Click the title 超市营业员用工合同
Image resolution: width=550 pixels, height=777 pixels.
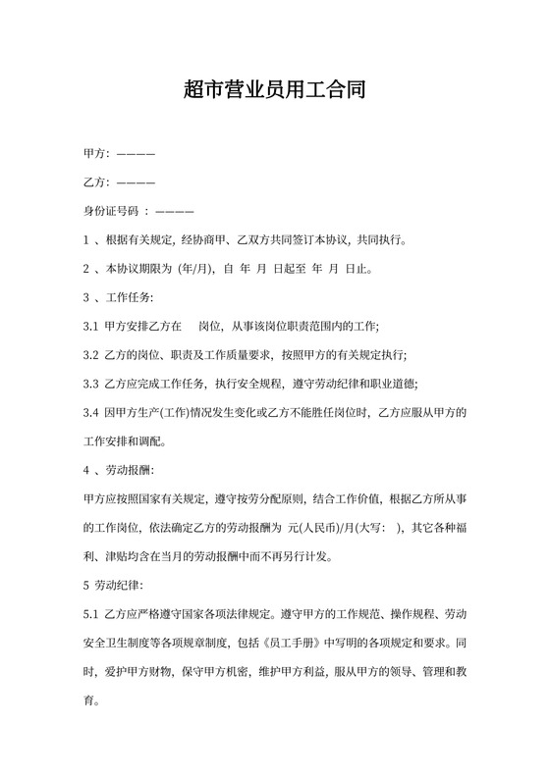(x=275, y=91)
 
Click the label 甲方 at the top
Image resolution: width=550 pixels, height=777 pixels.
(x=95, y=154)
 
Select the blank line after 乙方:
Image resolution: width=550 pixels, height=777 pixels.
(x=136, y=182)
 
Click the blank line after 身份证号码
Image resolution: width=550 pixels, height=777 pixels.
(x=175, y=211)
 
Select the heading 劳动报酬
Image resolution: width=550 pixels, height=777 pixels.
(x=129, y=469)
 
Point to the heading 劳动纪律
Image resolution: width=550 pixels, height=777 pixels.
(x=120, y=585)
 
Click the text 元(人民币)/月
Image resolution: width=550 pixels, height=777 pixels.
(x=320, y=527)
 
